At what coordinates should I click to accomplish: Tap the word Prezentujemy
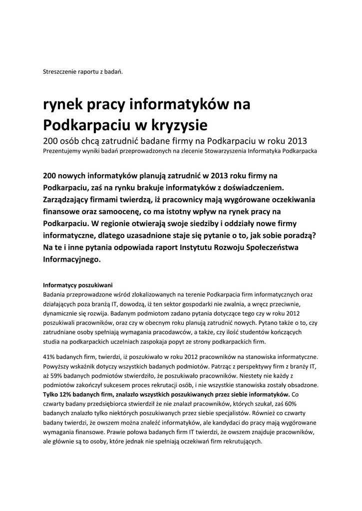coord(64,150)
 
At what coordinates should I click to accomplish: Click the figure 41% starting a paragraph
coord(50,357)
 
